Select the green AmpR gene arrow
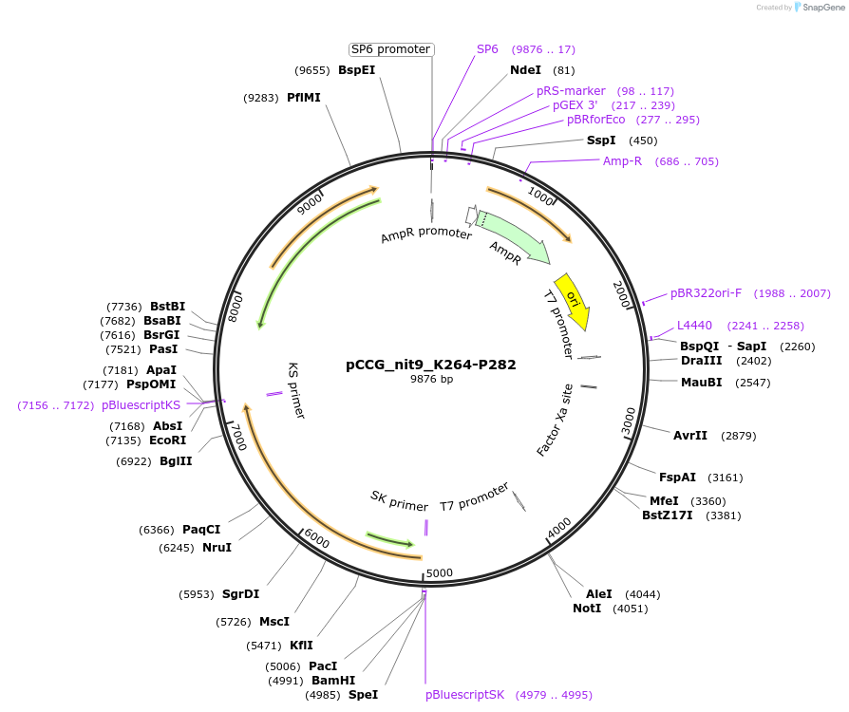coord(513,236)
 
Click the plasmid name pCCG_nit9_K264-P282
coord(431,365)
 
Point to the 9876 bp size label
coord(431,379)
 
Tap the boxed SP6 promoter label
coord(391,49)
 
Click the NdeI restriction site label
coord(525,70)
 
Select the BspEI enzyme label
coord(357,70)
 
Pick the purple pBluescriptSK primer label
coord(465,695)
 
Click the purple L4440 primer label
coord(694,326)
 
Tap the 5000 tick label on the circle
coord(440,572)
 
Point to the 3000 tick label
coord(629,420)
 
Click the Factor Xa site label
coord(556,421)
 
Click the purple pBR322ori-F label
coord(706,293)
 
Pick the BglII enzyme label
coord(176,461)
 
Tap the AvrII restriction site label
coord(690,436)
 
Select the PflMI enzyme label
coord(304,98)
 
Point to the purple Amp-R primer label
coord(622,161)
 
